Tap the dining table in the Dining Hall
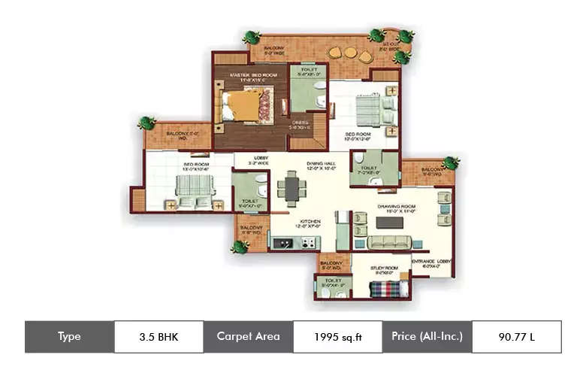pyautogui.click(x=291, y=188)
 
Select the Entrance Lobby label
pyautogui.click(x=433, y=263)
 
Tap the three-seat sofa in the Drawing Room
pyautogui.click(x=388, y=241)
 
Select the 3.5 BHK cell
pyautogui.click(x=159, y=336)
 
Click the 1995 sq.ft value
pyautogui.click(x=337, y=336)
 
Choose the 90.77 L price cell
pyautogui.click(x=516, y=336)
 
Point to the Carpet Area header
pyautogui.click(x=248, y=336)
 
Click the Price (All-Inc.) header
pyautogui.click(x=427, y=336)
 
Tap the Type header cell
pyautogui.click(x=69, y=336)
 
